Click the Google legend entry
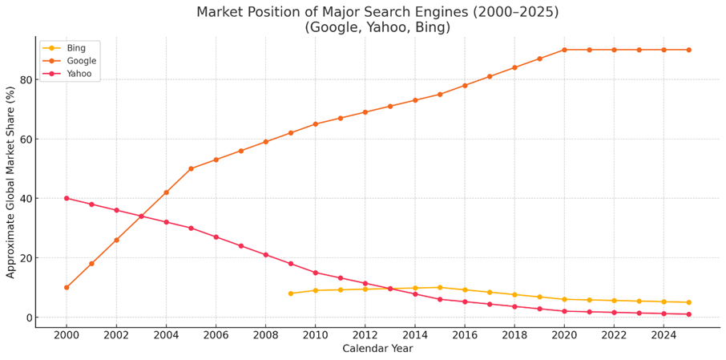(x=69, y=61)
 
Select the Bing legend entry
(x=65, y=47)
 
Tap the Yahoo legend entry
(x=67, y=74)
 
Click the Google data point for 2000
(x=67, y=287)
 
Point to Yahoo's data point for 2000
(x=67, y=198)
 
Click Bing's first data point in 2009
(x=290, y=293)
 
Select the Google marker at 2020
(x=564, y=50)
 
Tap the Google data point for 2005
(x=191, y=168)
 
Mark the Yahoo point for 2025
(x=689, y=314)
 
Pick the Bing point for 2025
(x=689, y=302)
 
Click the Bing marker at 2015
(x=440, y=287)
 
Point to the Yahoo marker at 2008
(x=266, y=255)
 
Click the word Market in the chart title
(x=220, y=12)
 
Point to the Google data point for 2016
(x=465, y=85)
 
